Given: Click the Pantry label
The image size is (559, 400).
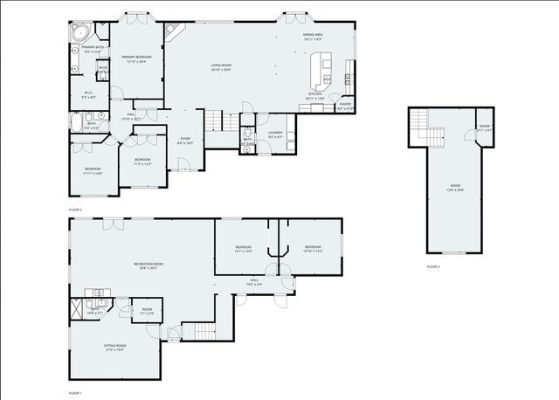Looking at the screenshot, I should point(345,107).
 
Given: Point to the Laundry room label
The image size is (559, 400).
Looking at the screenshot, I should point(275,136).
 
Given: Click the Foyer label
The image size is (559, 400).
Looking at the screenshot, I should point(185,139).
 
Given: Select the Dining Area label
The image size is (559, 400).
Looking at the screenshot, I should point(313,37).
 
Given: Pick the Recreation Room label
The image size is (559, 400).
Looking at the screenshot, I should point(148,266).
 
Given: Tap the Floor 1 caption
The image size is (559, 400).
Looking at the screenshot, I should point(75,394).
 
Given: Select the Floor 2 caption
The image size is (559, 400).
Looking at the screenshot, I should point(75,210).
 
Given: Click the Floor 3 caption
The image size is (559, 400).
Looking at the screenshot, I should point(433,266).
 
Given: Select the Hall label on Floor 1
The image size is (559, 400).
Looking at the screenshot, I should point(254,283).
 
